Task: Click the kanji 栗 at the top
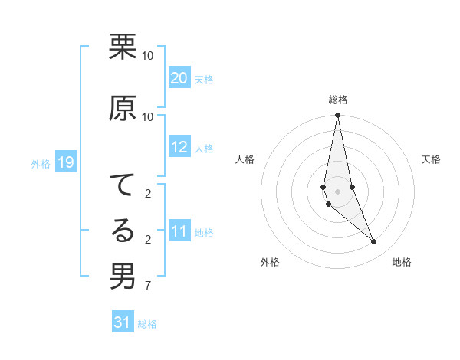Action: coord(123,47)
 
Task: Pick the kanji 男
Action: coord(123,277)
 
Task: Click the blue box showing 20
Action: coord(179,78)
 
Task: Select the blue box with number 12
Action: coord(179,147)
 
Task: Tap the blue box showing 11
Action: coord(179,231)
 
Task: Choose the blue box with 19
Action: coord(65,162)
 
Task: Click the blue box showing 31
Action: coord(123,322)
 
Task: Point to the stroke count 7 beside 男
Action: coord(147,286)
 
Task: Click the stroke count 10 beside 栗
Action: coord(148,56)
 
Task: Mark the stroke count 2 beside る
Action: coord(147,240)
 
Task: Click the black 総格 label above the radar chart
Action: coord(338,100)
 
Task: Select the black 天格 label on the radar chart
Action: coord(432,159)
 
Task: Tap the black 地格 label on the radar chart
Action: coord(402,262)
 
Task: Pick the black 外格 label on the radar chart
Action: coord(270,262)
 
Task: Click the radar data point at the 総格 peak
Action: coord(337,116)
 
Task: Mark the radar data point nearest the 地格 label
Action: coord(374,242)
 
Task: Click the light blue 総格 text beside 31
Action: coord(147,324)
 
